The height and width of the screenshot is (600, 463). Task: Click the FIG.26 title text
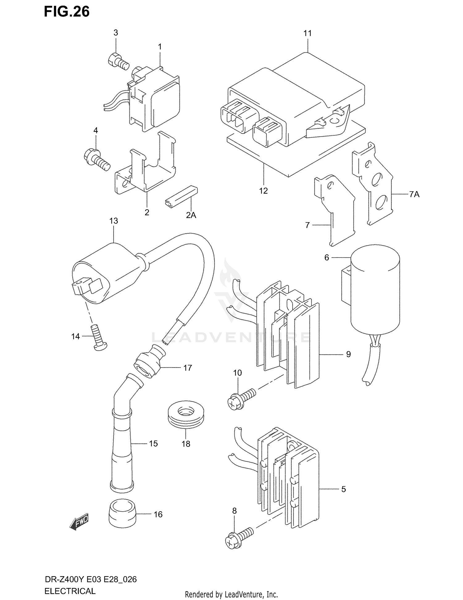(67, 12)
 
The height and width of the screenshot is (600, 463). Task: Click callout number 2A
(191, 215)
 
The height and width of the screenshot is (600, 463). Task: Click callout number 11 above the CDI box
(307, 33)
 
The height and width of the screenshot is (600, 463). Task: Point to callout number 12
(263, 191)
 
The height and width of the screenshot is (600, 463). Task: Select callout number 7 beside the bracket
(307, 225)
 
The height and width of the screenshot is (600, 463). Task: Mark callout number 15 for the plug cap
(153, 444)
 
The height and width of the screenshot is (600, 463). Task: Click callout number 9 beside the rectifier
(348, 354)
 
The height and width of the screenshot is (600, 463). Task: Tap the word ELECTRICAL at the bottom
(70, 591)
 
